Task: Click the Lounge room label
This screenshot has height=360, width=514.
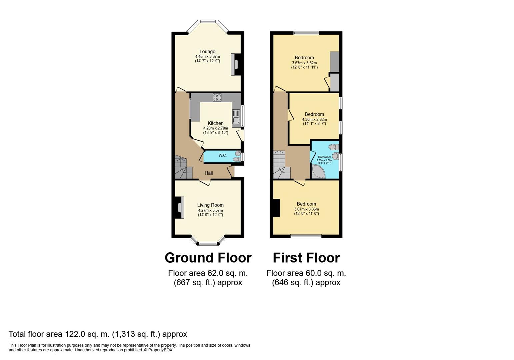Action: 207,52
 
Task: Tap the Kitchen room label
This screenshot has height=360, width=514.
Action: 215,123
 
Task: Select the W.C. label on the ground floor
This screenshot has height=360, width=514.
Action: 222,155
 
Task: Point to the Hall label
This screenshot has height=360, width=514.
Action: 209,173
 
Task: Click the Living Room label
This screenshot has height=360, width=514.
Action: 210,205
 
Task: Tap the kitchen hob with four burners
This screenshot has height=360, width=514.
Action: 217,98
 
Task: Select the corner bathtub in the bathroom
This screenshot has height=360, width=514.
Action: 318,171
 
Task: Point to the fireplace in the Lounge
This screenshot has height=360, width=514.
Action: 236,64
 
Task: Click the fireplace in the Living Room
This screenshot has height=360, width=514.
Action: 179,207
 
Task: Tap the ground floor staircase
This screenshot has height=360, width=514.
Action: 184,167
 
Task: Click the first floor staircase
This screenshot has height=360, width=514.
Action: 282,165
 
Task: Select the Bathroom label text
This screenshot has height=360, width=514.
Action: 324,157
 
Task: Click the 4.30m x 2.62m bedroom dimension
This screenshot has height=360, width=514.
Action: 314,119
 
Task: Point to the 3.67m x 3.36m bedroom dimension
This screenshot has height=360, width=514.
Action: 307,209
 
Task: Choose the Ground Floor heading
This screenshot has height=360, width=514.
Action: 208,258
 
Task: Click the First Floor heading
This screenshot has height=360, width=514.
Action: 306,258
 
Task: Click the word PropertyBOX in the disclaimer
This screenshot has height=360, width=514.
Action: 160,350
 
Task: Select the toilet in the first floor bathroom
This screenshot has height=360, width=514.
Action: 333,147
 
